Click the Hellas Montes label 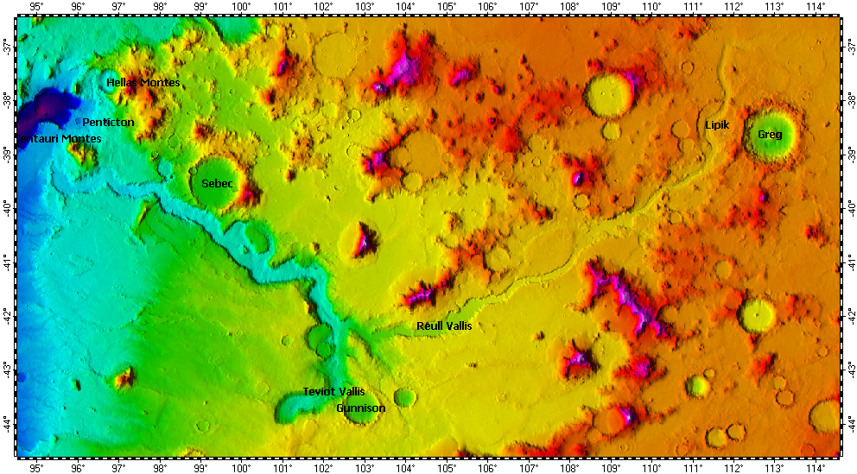[x=143, y=83]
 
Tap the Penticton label [x=108, y=123]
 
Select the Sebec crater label [x=218, y=184]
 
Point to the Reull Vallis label [x=444, y=326]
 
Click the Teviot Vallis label [x=333, y=392]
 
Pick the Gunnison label [x=361, y=408]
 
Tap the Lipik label [x=717, y=125]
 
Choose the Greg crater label [x=770, y=135]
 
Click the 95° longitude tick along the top [x=37, y=8]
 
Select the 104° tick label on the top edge [x=406, y=8]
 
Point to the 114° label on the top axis [x=816, y=8]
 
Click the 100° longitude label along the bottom [x=242, y=468]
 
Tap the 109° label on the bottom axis [x=611, y=468]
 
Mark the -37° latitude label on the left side [x=7, y=45]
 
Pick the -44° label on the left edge [x=7, y=423]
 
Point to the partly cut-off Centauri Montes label [x=60, y=139]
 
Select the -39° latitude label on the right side [x=849, y=153]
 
